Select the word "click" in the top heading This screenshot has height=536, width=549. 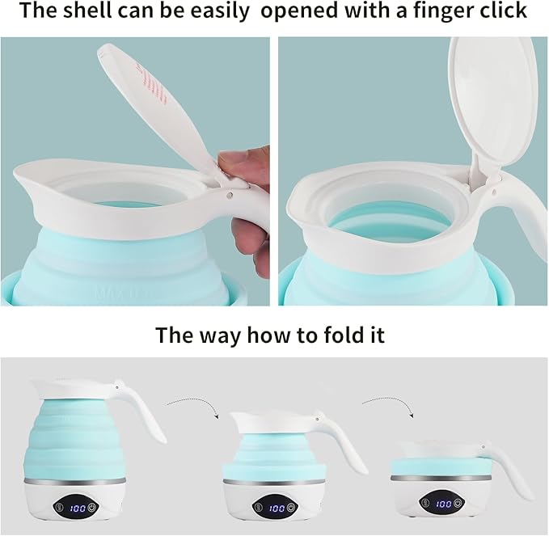click(x=503, y=11)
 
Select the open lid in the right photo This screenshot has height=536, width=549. click(x=493, y=105)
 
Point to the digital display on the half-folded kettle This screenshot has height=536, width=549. click(x=277, y=509)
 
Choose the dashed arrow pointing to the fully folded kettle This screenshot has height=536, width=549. click(x=389, y=404)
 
